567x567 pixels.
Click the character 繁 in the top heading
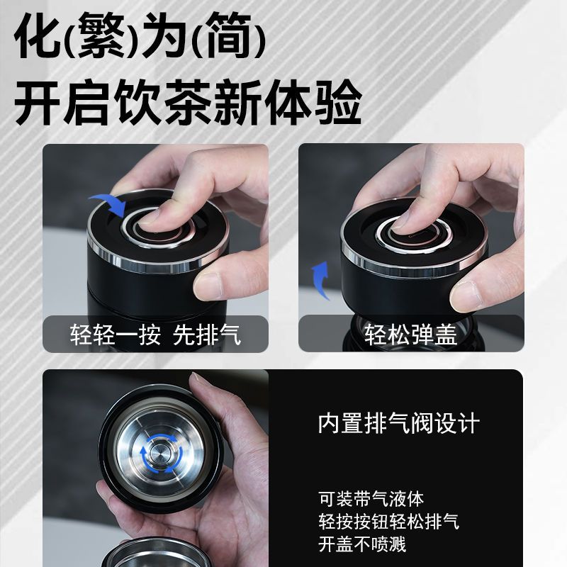pos(101,34)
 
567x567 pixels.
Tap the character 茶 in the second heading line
pos(189,101)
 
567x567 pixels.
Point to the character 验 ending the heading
pos(338,101)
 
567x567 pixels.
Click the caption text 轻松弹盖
pos(411,335)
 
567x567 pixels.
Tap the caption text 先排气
pos(206,335)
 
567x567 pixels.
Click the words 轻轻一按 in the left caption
pos(116,335)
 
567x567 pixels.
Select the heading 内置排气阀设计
pos(399,422)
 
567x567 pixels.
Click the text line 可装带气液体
pos(371,499)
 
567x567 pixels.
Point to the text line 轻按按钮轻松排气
pos(388,522)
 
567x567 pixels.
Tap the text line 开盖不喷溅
pos(362,544)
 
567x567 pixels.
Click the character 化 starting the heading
pos(38,34)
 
